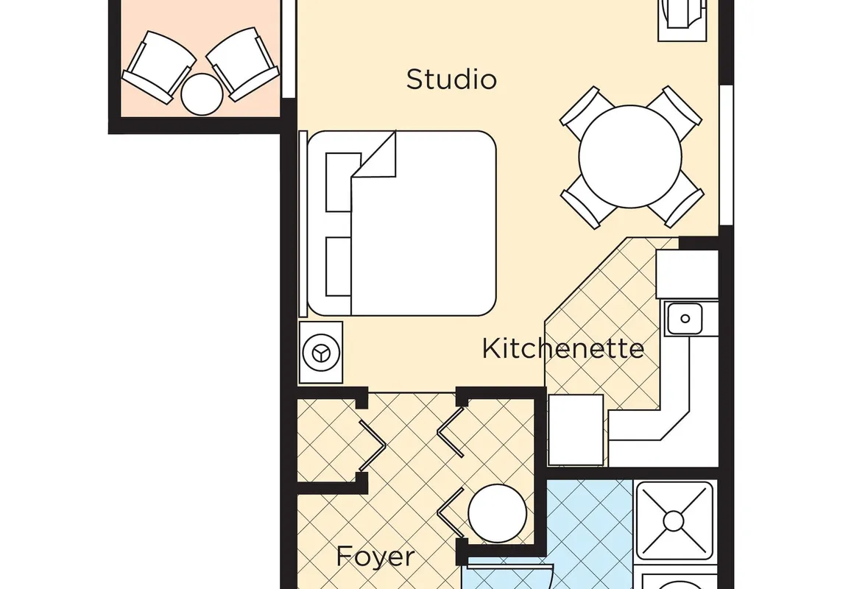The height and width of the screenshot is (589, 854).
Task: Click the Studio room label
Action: [451, 80]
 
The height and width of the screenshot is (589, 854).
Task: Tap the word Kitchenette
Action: [563, 348]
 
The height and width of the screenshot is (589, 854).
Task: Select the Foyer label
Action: [375, 557]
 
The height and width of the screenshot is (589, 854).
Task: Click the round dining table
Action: [630, 157]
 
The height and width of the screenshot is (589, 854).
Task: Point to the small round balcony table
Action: [202, 94]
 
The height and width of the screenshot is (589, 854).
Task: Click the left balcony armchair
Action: [158, 66]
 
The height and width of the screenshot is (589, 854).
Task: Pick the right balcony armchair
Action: [243, 64]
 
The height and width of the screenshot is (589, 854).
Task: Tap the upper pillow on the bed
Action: [339, 182]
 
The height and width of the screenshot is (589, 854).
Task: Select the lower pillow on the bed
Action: [338, 267]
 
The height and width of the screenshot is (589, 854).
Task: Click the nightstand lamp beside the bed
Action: [321, 353]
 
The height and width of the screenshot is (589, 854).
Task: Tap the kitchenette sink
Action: [685, 319]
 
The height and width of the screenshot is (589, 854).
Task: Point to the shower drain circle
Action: [674, 521]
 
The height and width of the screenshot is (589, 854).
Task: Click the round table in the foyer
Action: [497, 513]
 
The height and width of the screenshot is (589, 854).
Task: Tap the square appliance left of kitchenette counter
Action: [576, 430]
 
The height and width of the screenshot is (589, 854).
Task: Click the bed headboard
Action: [303, 223]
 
